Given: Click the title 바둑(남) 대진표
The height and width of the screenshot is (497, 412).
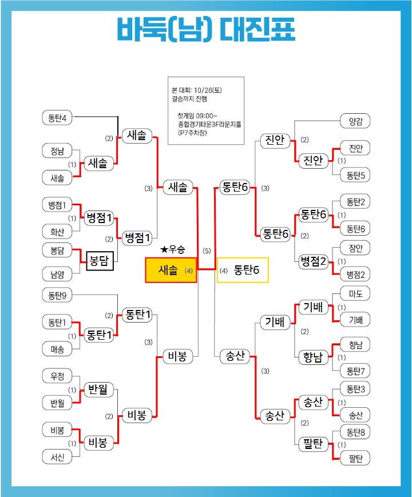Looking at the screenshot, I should (x=206, y=29).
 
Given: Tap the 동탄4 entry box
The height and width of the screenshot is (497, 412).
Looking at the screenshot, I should (x=57, y=118).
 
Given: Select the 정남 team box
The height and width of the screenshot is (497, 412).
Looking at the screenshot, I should (x=57, y=151).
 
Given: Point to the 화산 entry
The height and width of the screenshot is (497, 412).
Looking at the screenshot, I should (x=57, y=231).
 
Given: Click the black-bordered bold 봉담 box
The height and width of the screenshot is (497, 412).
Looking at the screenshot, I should (x=101, y=261).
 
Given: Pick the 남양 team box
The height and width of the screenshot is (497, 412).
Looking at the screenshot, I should (x=57, y=274).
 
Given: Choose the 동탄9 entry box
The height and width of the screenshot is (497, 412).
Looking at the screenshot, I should (x=57, y=296).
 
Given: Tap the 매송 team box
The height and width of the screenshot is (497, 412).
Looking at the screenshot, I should (x=57, y=348).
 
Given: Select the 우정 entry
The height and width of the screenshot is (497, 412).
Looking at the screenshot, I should (x=57, y=376).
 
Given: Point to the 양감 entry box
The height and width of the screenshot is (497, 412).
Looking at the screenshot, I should (x=355, y=121).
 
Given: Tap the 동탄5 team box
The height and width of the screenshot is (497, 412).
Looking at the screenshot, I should (x=355, y=174).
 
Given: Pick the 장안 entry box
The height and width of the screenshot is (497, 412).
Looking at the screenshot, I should (x=355, y=248).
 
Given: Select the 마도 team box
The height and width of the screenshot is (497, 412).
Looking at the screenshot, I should (x=355, y=294).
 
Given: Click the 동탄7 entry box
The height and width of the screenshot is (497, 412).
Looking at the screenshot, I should (x=355, y=371).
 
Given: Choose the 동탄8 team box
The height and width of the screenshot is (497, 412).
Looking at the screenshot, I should (x=355, y=431).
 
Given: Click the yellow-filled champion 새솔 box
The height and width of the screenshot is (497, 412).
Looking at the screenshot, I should (x=171, y=270).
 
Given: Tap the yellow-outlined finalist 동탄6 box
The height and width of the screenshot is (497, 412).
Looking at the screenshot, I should (x=243, y=270).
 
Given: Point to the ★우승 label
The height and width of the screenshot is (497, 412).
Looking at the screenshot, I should (x=173, y=249).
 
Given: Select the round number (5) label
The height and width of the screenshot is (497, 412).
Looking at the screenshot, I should (x=207, y=251).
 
